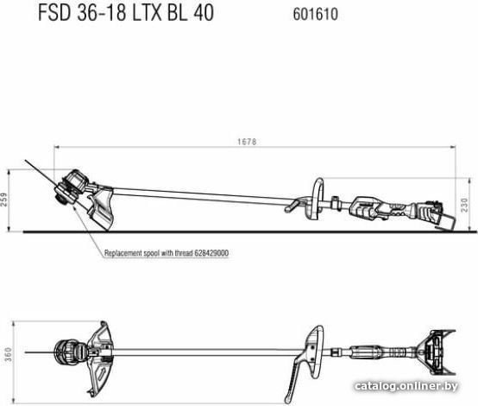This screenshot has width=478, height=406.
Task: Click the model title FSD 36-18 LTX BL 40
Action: pos(126,14)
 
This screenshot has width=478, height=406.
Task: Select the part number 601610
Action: pos(316,15)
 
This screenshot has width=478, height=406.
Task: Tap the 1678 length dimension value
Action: pos(247,142)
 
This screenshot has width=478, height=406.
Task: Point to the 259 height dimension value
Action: pos(4,200)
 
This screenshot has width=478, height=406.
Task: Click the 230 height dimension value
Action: pos(464,205)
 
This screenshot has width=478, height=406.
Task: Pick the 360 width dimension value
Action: pos(8,354)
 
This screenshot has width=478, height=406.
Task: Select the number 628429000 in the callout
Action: pos(211,253)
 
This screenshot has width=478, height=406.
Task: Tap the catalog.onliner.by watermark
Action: pos(406,386)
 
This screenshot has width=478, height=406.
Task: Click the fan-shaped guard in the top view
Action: pos(102,357)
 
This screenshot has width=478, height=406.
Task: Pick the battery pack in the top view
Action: pos(437,352)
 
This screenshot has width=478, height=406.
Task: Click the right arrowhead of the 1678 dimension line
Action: pos(453,147)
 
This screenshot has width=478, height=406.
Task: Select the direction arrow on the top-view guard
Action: pos(102,373)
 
